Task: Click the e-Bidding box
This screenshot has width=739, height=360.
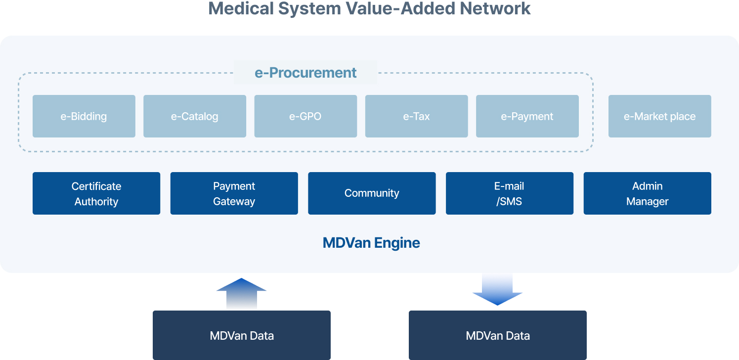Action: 84,116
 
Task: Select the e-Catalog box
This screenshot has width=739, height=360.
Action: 195,116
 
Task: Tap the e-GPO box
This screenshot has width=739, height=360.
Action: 305,116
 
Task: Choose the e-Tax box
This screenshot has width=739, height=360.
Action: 416,116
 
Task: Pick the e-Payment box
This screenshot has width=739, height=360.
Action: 527,116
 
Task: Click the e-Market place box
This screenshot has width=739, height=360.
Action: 660,116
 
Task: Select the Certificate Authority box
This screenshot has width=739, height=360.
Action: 96,193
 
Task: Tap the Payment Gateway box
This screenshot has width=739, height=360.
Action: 234,193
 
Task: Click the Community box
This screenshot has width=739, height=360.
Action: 372,193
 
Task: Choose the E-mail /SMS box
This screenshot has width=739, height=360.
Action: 510,193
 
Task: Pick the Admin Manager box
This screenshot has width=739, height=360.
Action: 647,193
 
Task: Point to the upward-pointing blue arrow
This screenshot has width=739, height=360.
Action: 242,293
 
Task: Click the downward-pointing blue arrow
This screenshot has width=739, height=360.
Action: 497,290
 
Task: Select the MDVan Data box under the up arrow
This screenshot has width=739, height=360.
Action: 242,335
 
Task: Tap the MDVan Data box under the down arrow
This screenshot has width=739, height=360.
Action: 497,335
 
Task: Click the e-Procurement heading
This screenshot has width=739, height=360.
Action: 305,73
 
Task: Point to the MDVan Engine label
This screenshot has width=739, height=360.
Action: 371,243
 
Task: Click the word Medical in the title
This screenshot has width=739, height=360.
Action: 241,8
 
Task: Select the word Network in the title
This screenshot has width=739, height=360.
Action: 495,8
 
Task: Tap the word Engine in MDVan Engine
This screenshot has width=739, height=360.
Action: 397,243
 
